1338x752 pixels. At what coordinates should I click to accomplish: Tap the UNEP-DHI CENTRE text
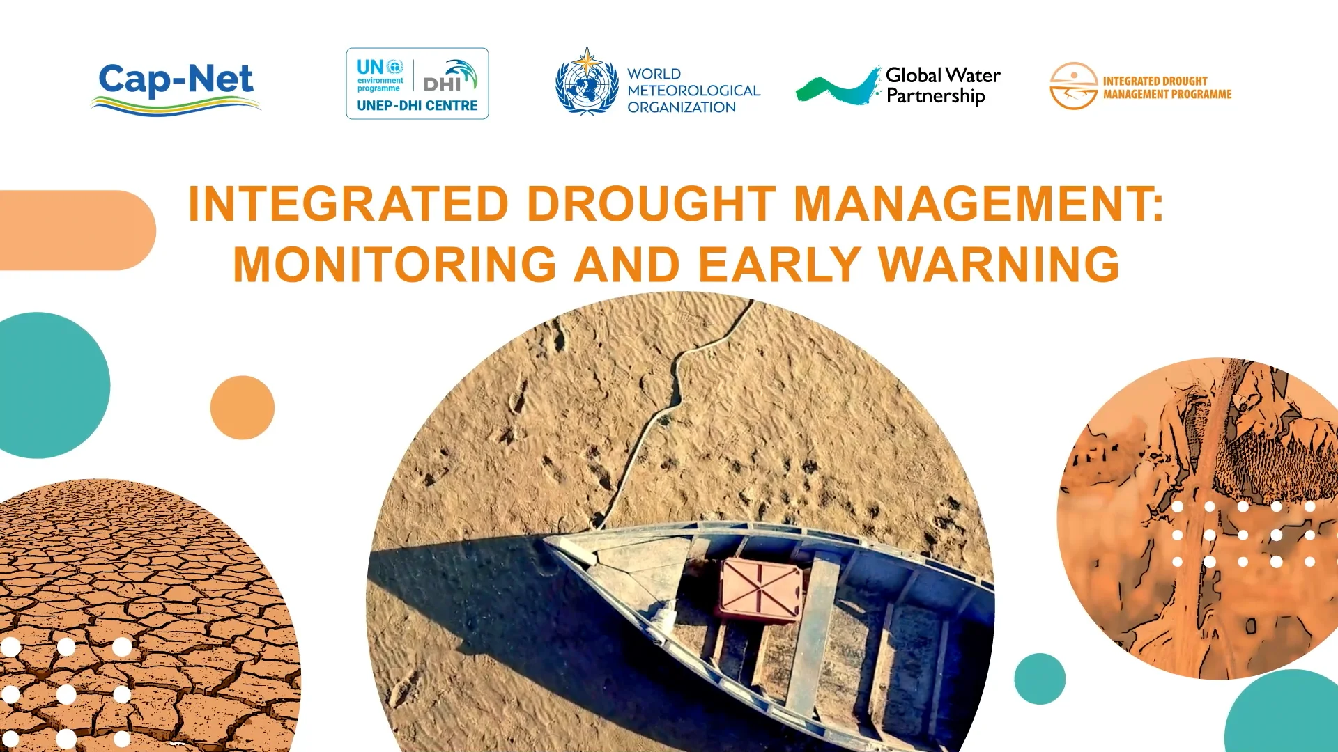417,106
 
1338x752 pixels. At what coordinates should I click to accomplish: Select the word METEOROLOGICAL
693,91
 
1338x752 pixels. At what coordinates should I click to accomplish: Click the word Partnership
935,96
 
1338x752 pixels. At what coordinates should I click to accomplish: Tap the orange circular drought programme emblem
1073,86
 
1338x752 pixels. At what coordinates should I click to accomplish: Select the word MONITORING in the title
394,265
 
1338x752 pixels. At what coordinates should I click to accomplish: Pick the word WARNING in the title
999,265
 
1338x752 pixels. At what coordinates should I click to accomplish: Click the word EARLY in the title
779,265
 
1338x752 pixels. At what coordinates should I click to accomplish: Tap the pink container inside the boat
760,588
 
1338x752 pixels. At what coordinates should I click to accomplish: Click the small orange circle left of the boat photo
243,407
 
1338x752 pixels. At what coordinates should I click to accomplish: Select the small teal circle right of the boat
1040,678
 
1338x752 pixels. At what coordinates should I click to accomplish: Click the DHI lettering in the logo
441,84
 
